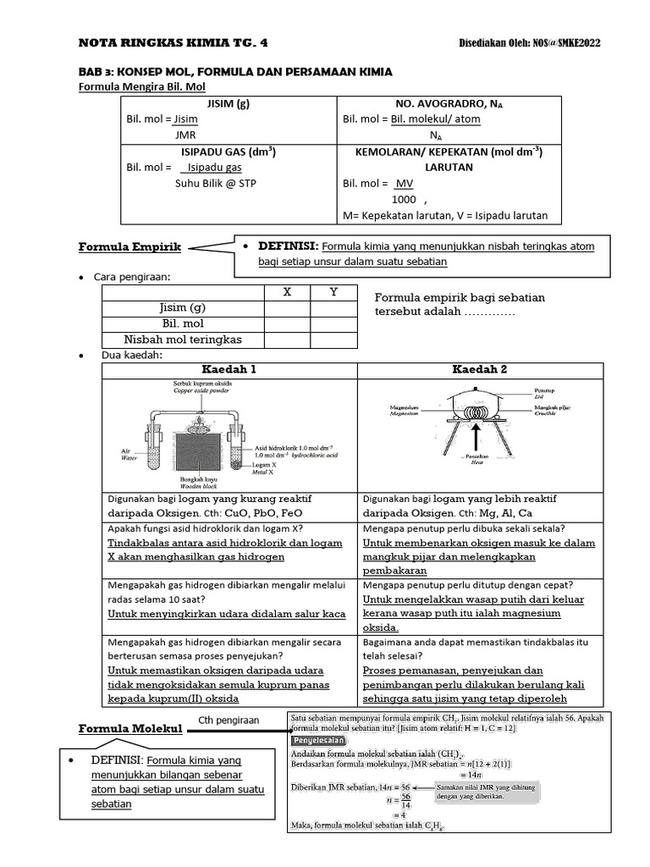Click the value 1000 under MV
[x=404, y=199]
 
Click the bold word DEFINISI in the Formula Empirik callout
[x=288, y=246]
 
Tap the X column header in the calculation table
[x=287, y=292]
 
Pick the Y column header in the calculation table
[x=333, y=292]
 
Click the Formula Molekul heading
[x=130, y=728]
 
